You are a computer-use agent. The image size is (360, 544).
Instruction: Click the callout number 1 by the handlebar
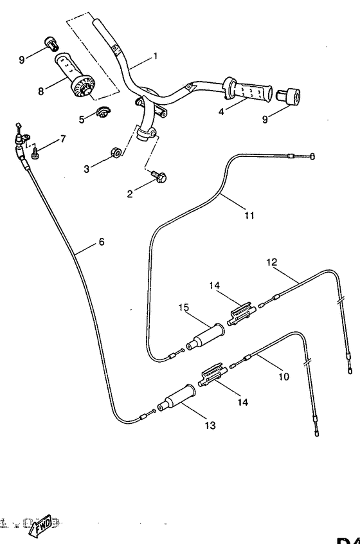pyautogui.click(x=154, y=56)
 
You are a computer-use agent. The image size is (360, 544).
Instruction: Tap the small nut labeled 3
pyautogui.click(x=116, y=152)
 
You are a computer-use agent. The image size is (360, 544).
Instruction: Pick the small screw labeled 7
pyautogui.click(x=36, y=152)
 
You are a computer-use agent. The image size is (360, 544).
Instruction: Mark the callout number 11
pyautogui.click(x=249, y=215)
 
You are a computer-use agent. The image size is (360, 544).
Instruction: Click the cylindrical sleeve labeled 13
pyautogui.click(x=180, y=394)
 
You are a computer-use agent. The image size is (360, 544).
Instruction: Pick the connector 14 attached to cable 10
pyautogui.click(x=212, y=376)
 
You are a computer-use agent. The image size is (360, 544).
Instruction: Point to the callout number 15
pyautogui.click(x=183, y=308)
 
